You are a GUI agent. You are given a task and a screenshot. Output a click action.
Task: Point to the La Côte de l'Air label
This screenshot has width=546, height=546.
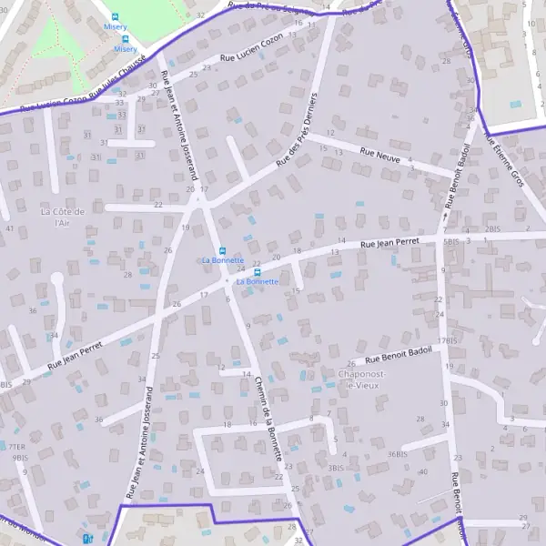pos(63,217)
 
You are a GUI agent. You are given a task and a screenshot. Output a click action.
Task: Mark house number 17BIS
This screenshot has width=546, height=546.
pos(446,340)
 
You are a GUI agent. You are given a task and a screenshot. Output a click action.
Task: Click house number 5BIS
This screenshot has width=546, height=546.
pos(450,243)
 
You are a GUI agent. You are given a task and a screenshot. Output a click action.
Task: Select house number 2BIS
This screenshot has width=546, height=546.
pos(493,228)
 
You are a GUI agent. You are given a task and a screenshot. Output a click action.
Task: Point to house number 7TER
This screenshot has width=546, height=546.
pos(16,447)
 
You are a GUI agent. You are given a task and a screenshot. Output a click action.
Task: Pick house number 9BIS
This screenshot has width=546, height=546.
pos(20,458)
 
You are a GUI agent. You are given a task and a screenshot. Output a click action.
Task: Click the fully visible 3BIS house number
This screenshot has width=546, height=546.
pos(336,467)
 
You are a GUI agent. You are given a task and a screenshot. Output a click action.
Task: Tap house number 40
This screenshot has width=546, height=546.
pos(424,471)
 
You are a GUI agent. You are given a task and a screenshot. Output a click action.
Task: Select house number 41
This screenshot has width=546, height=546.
pos(9,228)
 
